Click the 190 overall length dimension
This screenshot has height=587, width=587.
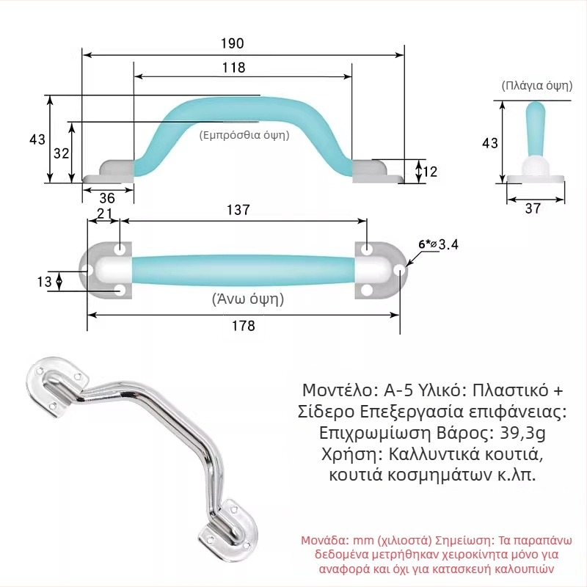232,43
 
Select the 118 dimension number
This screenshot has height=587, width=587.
233,68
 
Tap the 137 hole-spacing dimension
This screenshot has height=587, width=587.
238,210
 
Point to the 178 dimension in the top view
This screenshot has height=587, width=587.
244,326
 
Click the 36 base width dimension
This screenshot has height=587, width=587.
107,198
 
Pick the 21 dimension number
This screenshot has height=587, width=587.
104,214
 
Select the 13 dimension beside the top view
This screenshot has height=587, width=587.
44,281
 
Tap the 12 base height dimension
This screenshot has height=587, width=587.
430,172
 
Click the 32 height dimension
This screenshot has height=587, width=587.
62,153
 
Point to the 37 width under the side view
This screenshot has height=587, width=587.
533,208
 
